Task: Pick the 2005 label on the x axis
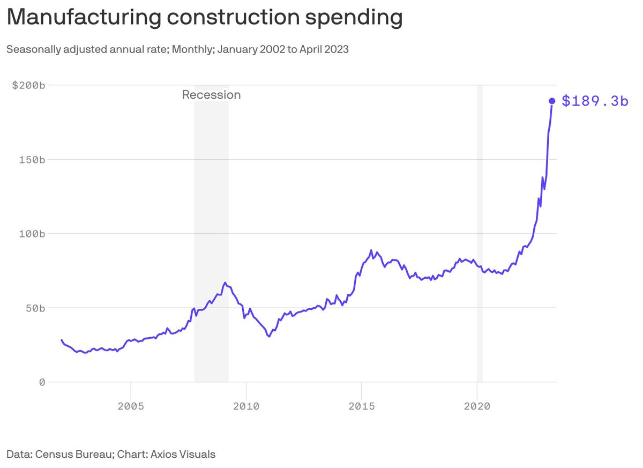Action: tap(131, 406)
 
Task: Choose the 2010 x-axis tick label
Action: tap(246, 406)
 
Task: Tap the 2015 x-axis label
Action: tap(362, 406)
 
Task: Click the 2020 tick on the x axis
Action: tap(477, 406)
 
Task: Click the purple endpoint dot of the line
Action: tap(552, 101)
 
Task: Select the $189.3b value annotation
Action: tap(595, 101)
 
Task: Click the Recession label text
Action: tap(211, 95)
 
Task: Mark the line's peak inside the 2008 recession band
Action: tap(226, 283)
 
